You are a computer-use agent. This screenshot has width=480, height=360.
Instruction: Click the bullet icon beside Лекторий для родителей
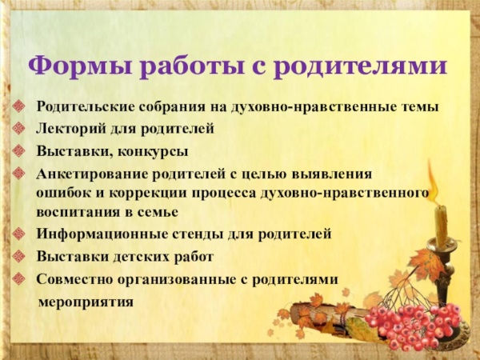20,128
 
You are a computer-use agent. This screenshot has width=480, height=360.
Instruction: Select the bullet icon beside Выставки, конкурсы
20,150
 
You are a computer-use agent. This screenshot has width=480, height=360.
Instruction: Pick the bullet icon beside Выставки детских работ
20,257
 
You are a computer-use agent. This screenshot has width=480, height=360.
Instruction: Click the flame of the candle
433,181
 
